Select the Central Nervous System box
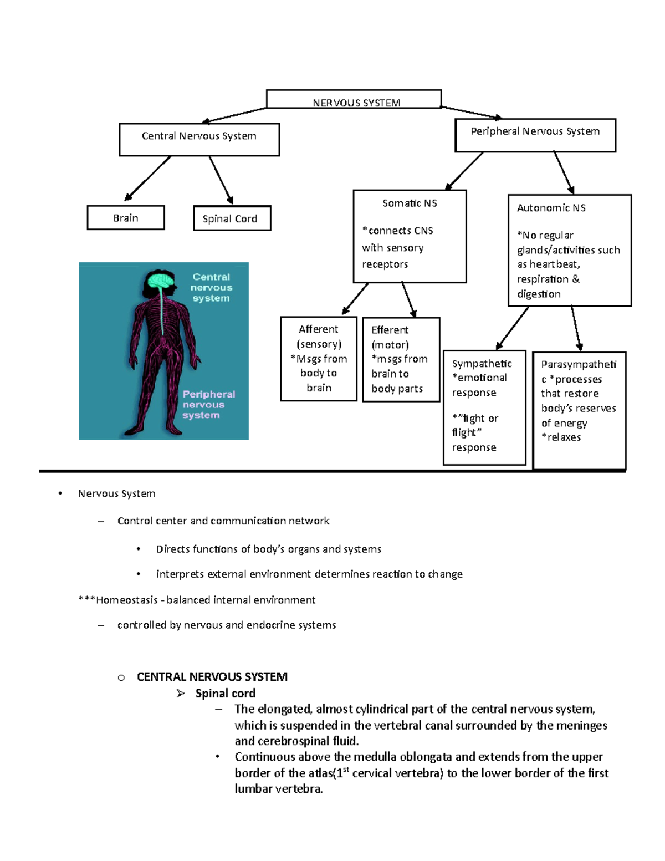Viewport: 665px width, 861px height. coord(199,139)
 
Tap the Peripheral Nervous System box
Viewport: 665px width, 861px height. coord(535,135)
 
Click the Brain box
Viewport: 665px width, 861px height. coord(126,218)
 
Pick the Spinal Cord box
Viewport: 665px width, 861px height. coord(232,218)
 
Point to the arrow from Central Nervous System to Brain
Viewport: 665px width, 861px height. coord(147,179)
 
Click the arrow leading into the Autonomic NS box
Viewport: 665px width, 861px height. coord(564,172)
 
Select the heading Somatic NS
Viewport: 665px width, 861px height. coord(410,203)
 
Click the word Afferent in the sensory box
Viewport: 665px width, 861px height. coord(318,329)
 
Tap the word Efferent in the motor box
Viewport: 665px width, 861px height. coord(390,330)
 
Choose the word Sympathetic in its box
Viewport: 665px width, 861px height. coord(482,364)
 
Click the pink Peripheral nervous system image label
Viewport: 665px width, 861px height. coord(208,404)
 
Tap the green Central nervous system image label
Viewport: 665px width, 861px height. coord(211,287)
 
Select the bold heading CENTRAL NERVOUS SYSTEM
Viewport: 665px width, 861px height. coord(212,677)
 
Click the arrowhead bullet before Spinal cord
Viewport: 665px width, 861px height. coord(180,694)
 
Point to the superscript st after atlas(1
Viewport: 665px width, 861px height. coord(346,770)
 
